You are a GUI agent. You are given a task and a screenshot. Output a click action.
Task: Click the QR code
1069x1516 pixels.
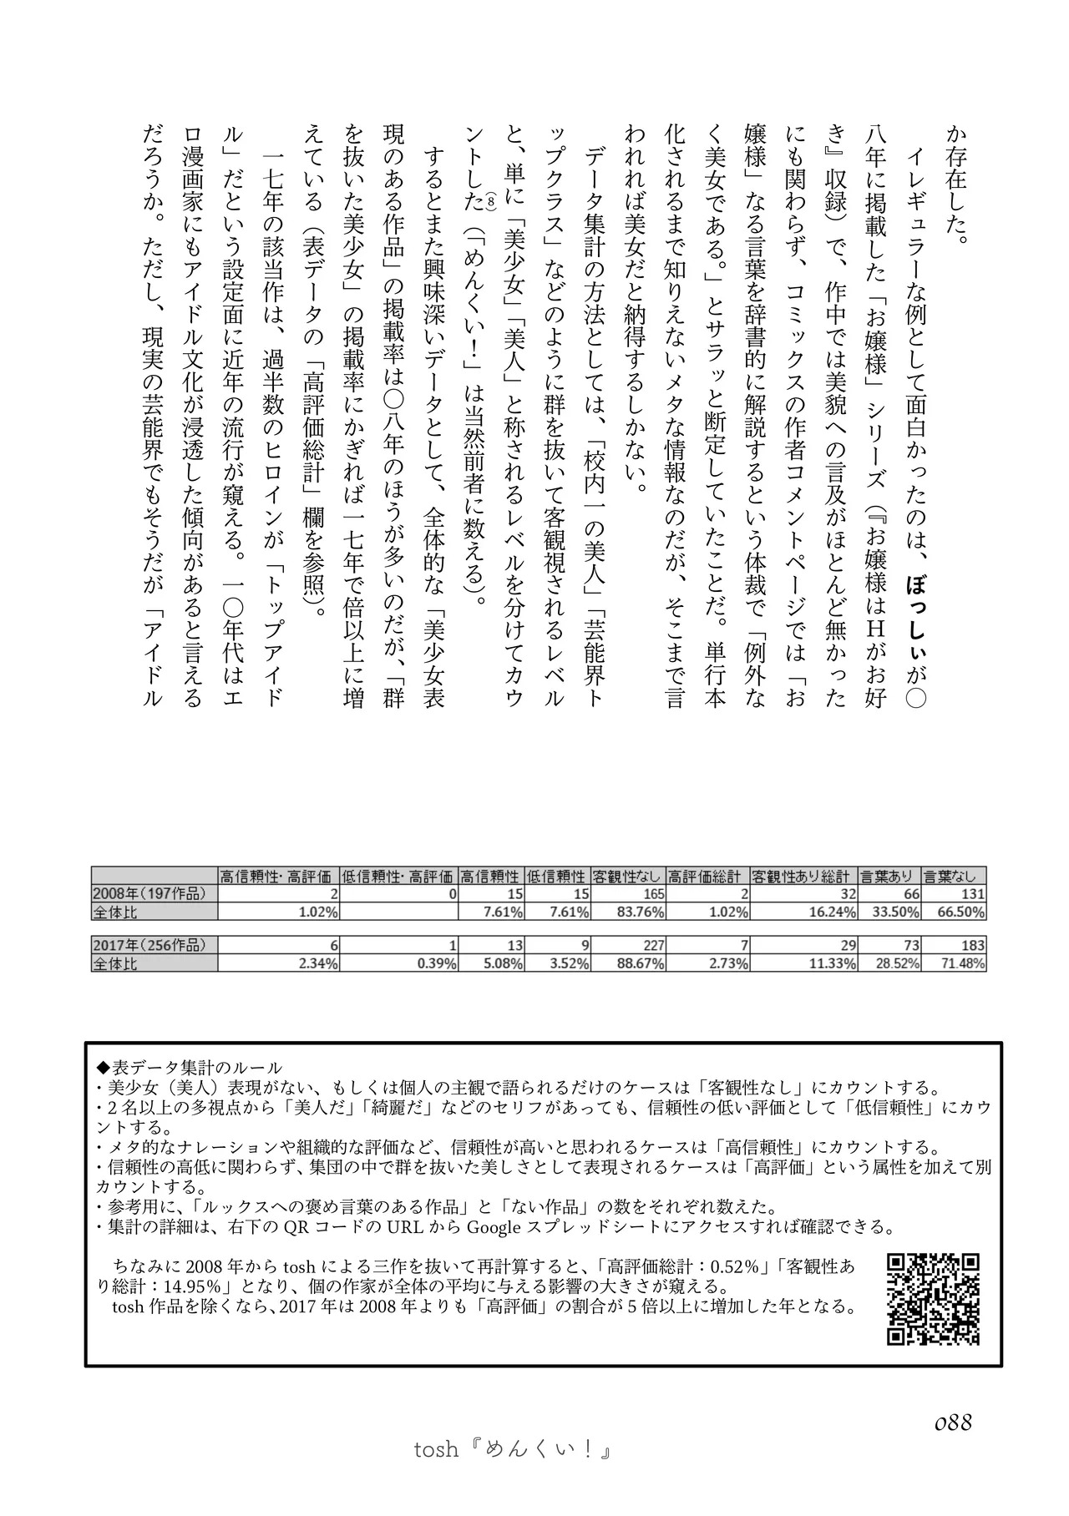pyautogui.click(x=932, y=1300)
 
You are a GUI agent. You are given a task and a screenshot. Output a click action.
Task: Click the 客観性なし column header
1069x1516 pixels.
pyautogui.click(x=627, y=877)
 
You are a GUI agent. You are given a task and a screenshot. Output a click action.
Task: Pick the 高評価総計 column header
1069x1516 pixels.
pyautogui.click(x=707, y=877)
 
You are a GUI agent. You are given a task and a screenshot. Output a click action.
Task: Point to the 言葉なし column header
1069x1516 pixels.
pyautogui.click(x=955, y=877)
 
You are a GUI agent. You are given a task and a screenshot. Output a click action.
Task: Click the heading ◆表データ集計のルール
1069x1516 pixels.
pyautogui.click(x=190, y=1068)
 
